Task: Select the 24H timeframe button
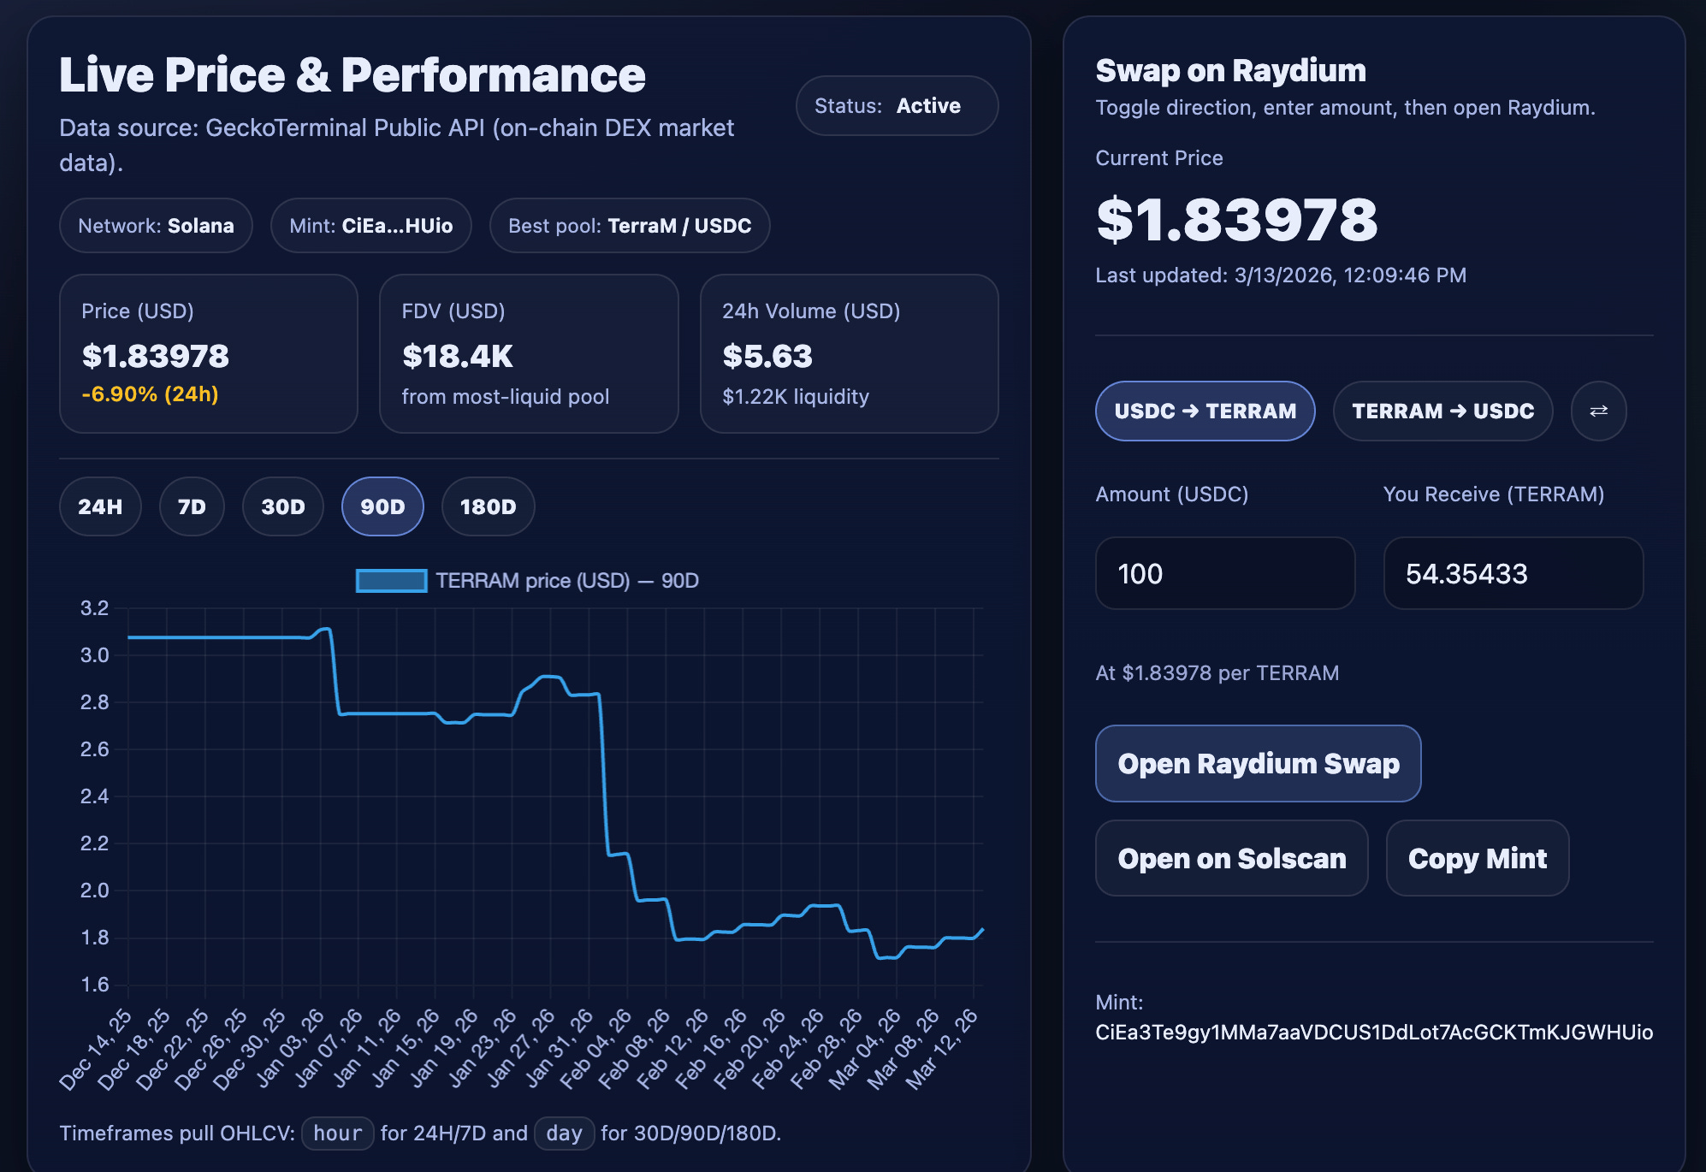pos(100,506)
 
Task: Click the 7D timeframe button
pos(192,506)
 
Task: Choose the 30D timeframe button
pos(283,506)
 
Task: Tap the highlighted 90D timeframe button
pos(382,506)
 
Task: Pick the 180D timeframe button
pos(488,506)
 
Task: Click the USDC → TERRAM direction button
pos(1205,411)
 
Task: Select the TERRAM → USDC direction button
pos(1443,411)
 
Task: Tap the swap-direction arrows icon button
pos(1598,411)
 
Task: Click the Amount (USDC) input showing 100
pos(1225,573)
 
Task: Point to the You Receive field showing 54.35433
pos(1513,573)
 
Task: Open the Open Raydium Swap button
pos(1259,763)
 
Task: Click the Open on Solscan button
pos(1232,858)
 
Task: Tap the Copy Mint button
pos(1478,858)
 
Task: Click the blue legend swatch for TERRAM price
pos(392,581)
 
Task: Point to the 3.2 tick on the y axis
pos(95,608)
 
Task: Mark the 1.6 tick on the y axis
pos(95,985)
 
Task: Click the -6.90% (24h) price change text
pos(151,394)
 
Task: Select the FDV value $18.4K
pos(458,356)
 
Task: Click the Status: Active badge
pos(897,106)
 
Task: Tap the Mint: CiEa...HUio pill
pos(371,226)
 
